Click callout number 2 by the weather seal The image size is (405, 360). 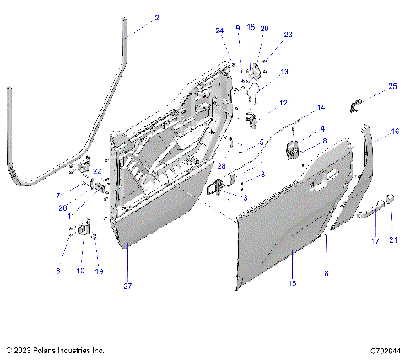tap(155, 18)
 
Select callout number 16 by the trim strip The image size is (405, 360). tap(395, 132)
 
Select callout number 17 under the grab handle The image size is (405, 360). tap(374, 240)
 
